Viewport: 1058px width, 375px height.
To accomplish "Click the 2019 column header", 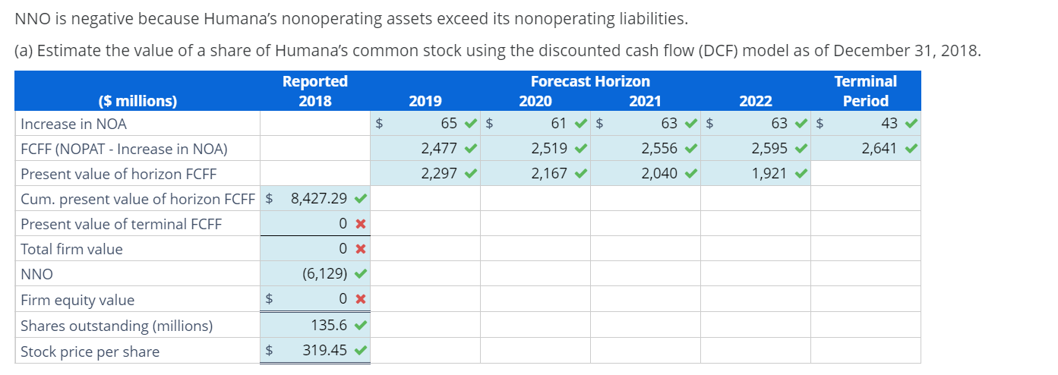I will [x=425, y=101].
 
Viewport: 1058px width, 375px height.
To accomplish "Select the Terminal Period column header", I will [x=865, y=91].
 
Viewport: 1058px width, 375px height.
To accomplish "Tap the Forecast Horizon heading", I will [x=590, y=81].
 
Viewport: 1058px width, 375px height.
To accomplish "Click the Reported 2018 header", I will [x=314, y=91].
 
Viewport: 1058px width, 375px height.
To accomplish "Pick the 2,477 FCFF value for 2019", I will [x=438, y=149].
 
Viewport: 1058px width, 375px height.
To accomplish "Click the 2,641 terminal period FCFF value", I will [x=879, y=149].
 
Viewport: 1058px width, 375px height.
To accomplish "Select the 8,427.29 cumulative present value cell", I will [x=319, y=199].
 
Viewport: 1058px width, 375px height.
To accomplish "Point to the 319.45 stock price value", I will [x=325, y=351].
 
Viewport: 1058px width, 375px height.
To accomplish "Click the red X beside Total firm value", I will [x=362, y=249].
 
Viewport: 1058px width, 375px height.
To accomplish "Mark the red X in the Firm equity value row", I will [x=362, y=300].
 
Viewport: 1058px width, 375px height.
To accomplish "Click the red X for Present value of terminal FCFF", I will [x=362, y=224].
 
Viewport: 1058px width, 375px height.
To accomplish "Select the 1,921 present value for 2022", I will [x=769, y=174].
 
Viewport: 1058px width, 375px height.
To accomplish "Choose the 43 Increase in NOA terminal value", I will [x=889, y=123].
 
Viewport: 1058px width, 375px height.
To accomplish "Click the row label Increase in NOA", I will [x=74, y=124].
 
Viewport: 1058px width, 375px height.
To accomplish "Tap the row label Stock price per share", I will [x=90, y=351].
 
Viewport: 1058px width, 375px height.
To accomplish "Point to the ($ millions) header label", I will [x=137, y=101].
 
